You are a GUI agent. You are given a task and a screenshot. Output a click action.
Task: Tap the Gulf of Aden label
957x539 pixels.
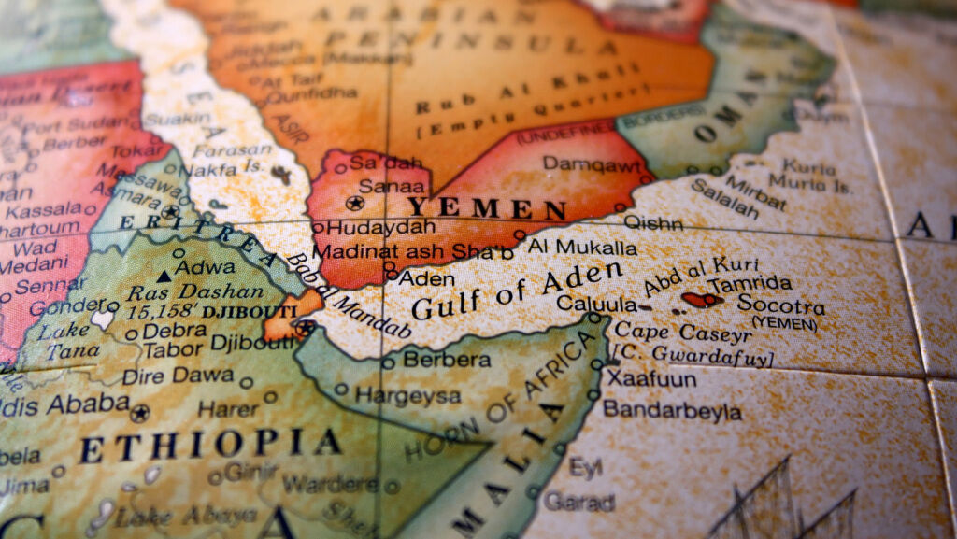[517, 289]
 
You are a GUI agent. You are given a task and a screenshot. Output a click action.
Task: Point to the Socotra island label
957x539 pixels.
[780, 305]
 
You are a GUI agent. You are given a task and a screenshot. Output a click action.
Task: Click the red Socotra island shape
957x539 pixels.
[701, 300]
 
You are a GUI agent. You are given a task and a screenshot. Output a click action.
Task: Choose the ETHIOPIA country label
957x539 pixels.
[209, 445]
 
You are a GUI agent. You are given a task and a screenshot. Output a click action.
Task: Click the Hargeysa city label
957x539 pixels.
[407, 395]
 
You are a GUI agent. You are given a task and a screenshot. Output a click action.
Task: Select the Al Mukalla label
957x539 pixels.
[582, 248]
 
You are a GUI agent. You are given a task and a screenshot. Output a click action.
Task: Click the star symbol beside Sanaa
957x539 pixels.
[354, 203]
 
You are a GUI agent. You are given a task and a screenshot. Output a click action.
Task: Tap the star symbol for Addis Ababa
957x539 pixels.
[140, 412]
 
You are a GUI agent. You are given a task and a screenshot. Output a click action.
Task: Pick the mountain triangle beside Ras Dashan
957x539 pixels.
[164, 276]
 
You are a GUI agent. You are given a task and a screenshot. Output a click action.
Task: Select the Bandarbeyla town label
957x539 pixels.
[672, 410]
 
